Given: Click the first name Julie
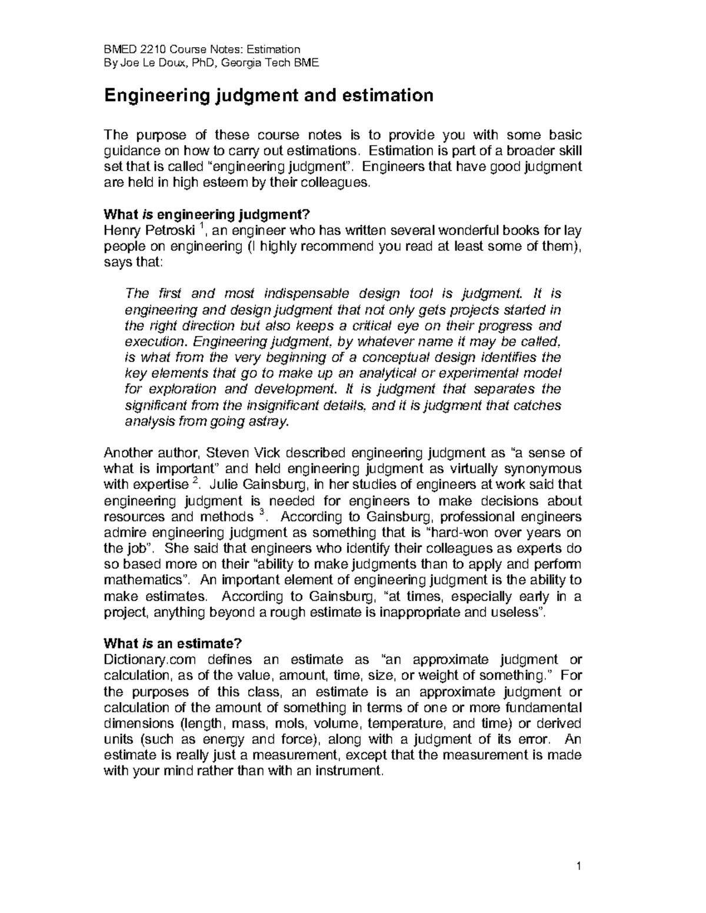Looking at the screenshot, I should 225,485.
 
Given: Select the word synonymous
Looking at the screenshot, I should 540,469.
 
